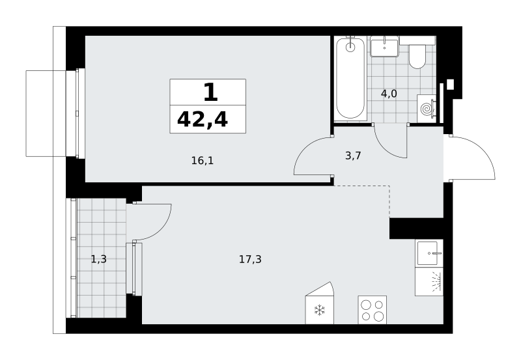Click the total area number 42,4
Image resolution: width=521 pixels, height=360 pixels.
point(203,120)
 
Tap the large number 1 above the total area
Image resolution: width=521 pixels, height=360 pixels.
point(210,92)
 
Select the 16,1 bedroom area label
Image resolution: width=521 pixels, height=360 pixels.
point(203,161)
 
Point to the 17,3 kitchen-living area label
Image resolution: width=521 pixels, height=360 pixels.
point(250,259)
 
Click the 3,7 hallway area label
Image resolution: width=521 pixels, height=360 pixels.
point(353,156)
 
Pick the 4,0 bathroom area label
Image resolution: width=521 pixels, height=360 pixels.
point(389,94)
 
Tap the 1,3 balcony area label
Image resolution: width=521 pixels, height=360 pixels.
point(99,258)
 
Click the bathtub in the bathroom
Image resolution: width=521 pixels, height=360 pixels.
point(350,78)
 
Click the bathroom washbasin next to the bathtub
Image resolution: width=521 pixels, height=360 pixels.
point(384,46)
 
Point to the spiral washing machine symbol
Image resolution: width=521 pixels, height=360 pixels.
point(427,108)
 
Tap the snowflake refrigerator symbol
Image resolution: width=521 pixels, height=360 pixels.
point(319,310)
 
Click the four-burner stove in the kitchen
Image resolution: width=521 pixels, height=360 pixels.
point(372,310)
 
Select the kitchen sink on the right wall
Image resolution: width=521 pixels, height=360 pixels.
point(429,253)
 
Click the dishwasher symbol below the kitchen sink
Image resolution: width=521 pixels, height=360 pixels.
point(429,282)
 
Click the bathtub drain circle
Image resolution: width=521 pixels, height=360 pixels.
point(350,47)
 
